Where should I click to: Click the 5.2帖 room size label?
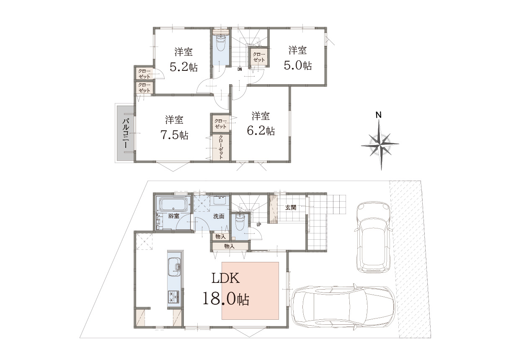(183, 67)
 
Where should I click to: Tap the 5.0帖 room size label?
(298, 65)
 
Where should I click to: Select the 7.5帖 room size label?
(174, 135)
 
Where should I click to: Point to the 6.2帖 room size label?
(261, 131)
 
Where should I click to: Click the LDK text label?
(225, 278)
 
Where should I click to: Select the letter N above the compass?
(379, 115)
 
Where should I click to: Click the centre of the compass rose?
(381, 144)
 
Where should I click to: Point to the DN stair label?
(240, 70)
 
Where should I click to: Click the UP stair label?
(259, 225)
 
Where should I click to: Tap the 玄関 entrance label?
(291, 207)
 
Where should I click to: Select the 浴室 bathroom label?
(174, 216)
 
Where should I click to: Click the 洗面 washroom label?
(219, 216)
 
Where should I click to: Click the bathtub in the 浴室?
(174, 204)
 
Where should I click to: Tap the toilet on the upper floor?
(221, 44)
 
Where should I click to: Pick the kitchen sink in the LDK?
(174, 267)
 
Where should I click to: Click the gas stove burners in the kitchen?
(174, 297)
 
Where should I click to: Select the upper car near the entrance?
(374, 237)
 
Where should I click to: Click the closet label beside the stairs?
(258, 57)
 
